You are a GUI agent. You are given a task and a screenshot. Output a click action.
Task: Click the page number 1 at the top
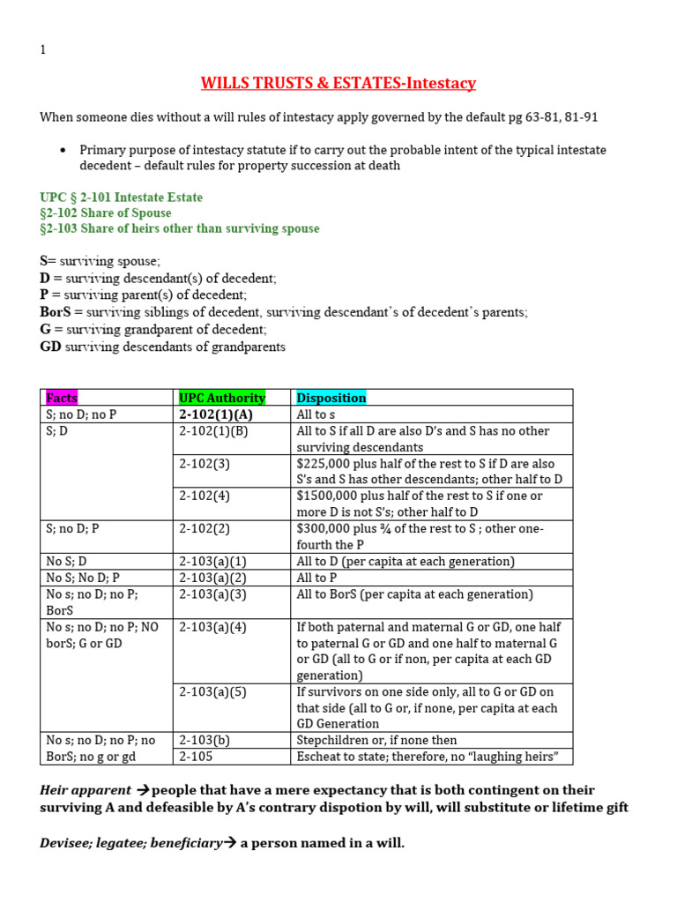[x=43, y=50]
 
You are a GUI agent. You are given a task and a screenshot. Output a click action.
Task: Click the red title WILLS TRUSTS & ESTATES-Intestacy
[x=338, y=84]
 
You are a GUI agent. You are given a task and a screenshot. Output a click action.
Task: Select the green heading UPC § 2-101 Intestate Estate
[x=122, y=197]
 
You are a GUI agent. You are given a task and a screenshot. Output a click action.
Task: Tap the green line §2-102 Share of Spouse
[x=106, y=213]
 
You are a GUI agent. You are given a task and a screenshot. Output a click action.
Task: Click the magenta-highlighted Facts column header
[x=62, y=398]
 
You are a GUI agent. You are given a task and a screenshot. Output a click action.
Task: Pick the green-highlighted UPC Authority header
[x=221, y=398]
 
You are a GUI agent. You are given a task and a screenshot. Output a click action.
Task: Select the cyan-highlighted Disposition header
[x=331, y=398]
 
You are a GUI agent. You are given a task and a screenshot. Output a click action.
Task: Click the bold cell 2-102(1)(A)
[x=216, y=414]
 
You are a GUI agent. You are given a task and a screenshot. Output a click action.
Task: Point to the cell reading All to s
[x=316, y=414]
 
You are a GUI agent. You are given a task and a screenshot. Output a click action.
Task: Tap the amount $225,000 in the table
[x=326, y=464]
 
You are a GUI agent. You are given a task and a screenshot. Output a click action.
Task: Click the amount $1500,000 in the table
[x=330, y=496]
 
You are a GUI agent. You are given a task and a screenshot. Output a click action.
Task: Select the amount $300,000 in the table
[x=326, y=528]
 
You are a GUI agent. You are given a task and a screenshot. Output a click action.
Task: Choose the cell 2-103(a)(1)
[x=212, y=561]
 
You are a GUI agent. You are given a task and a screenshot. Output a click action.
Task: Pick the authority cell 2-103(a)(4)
[x=212, y=627]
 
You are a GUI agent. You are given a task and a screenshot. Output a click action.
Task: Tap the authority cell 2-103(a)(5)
[x=212, y=692]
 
